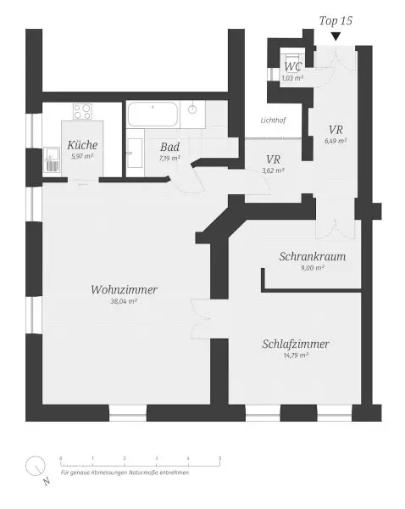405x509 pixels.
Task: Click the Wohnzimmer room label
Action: click(x=124, y=290)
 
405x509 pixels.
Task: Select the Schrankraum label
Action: click(x=313, y=257)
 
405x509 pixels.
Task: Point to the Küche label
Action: click(x=81, y=145)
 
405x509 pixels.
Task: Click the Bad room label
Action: click(x=169, y=146)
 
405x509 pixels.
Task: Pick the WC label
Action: click(x=292, y=66)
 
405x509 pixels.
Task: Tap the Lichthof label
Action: click(x=273, y=120)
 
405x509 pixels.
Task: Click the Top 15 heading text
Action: click(x=335, y=19)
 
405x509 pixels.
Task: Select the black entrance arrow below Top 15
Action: click(x=336, y=36)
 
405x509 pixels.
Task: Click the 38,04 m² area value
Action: click(x=124, y=301)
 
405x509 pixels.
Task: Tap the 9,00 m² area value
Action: click(x=313, y=267)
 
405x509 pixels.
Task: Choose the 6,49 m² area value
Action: click(x=336, y=141)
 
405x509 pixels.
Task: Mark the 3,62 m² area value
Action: click(x=273, y=170)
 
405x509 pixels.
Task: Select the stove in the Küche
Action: click(x=84, y=110)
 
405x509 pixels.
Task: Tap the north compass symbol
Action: click(x=36, y=467)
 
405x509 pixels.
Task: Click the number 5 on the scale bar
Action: click(x=220, y=458)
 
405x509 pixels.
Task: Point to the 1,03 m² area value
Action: click(x=292, y=78)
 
